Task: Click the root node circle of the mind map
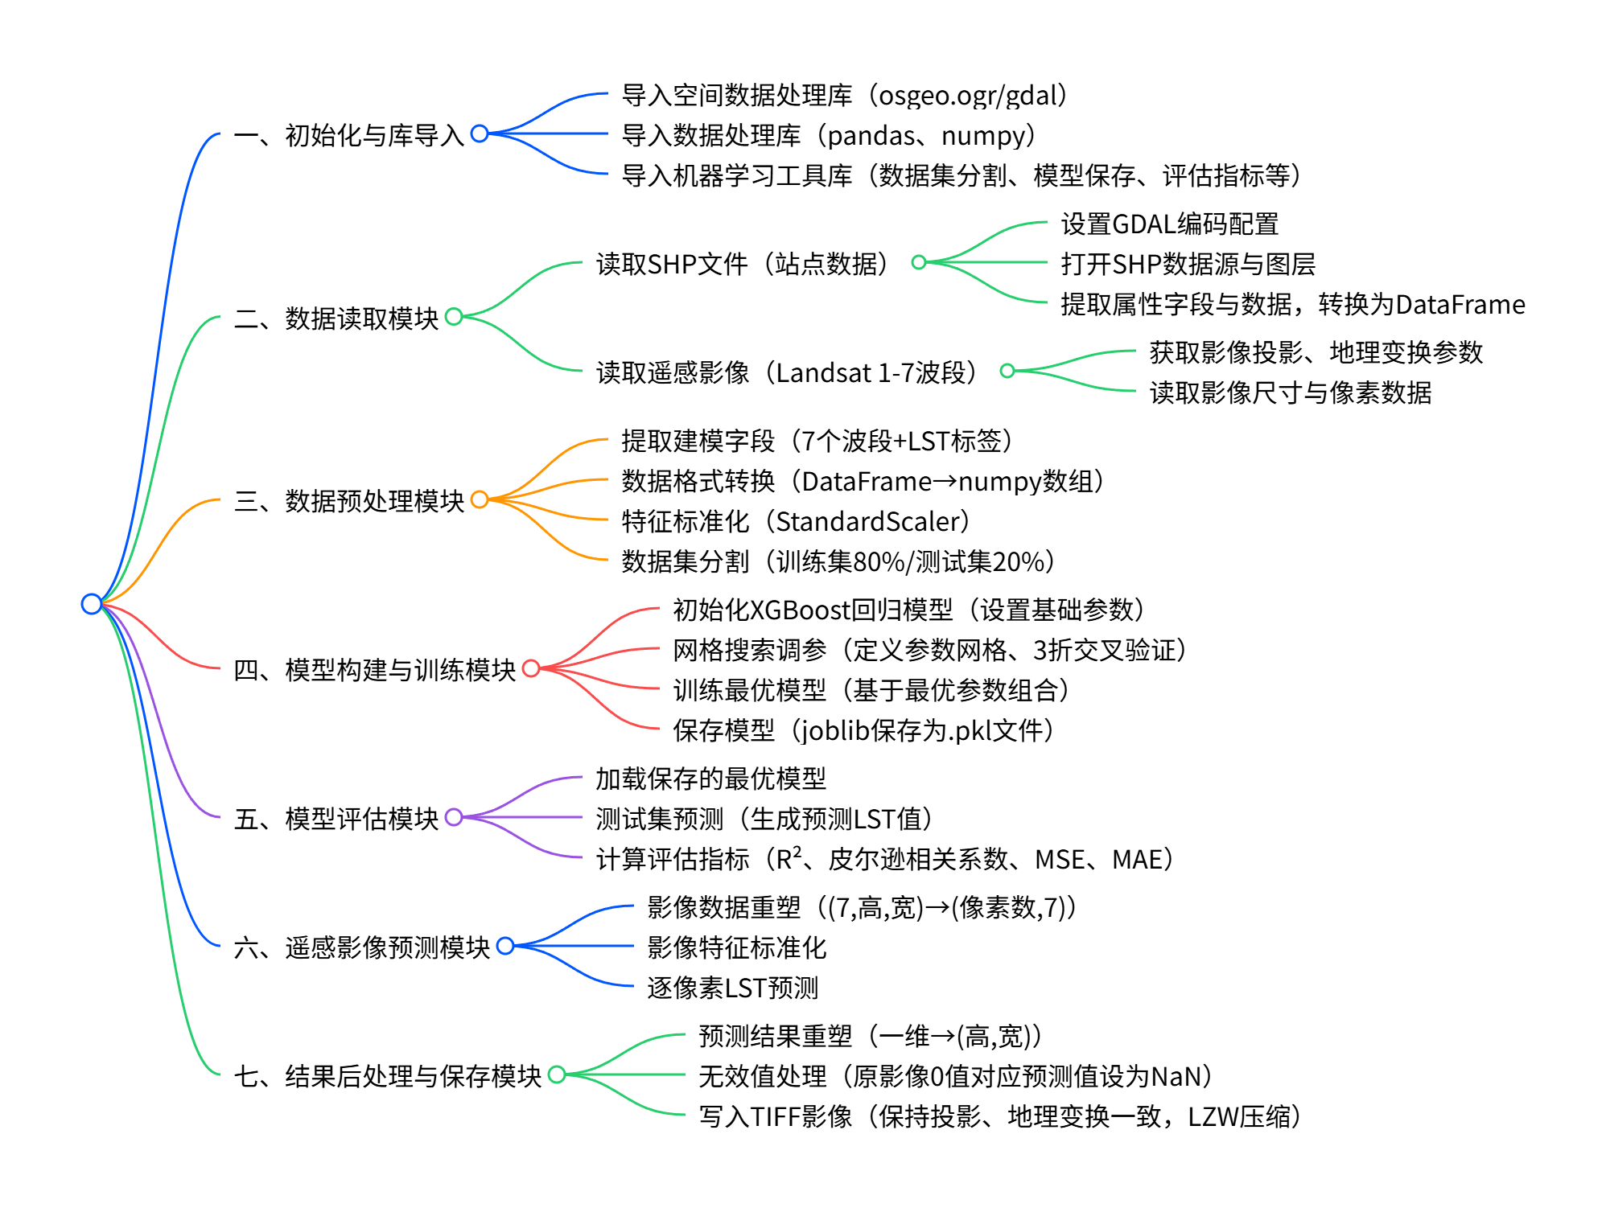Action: click(x=92, y=603)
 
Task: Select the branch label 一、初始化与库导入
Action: click(x=348, y=135)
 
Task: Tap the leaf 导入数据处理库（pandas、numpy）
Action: click(x=828, y=135)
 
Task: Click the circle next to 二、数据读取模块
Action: click(x=454, y=317)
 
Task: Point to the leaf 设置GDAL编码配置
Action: click(x=1169, y=224)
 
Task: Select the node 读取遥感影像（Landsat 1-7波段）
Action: click(x=786, y=372)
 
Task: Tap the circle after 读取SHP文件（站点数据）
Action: click(x=919, y=262)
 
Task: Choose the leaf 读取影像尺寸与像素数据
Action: click(x=1290, y=392)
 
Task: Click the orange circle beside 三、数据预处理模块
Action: click(x=480, y=499)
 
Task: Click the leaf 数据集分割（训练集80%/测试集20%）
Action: click(x=837, y=561)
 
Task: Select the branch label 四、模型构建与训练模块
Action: click(x=374, y=669)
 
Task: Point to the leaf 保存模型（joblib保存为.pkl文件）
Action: click(x=863, y=730)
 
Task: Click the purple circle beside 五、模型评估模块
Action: click(x=454, y=817)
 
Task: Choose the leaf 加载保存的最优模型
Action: click(x=710, y=779)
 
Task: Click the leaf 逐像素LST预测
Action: click(x=732, y=988)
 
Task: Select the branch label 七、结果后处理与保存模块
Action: click(x=387, y=1075)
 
